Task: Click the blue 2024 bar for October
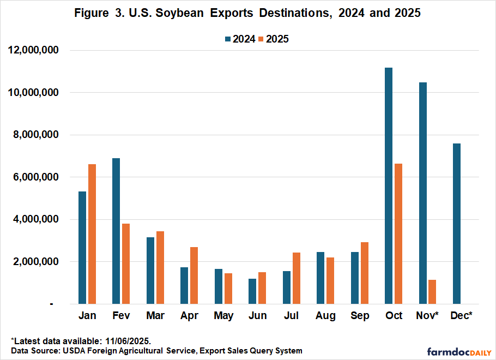(x=389, y=185)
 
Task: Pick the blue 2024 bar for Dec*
(x=456, y=224)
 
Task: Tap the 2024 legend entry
(x=240, y=39)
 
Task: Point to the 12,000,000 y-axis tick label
(x=34, y=51)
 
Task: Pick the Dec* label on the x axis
(x=462, y=316)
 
